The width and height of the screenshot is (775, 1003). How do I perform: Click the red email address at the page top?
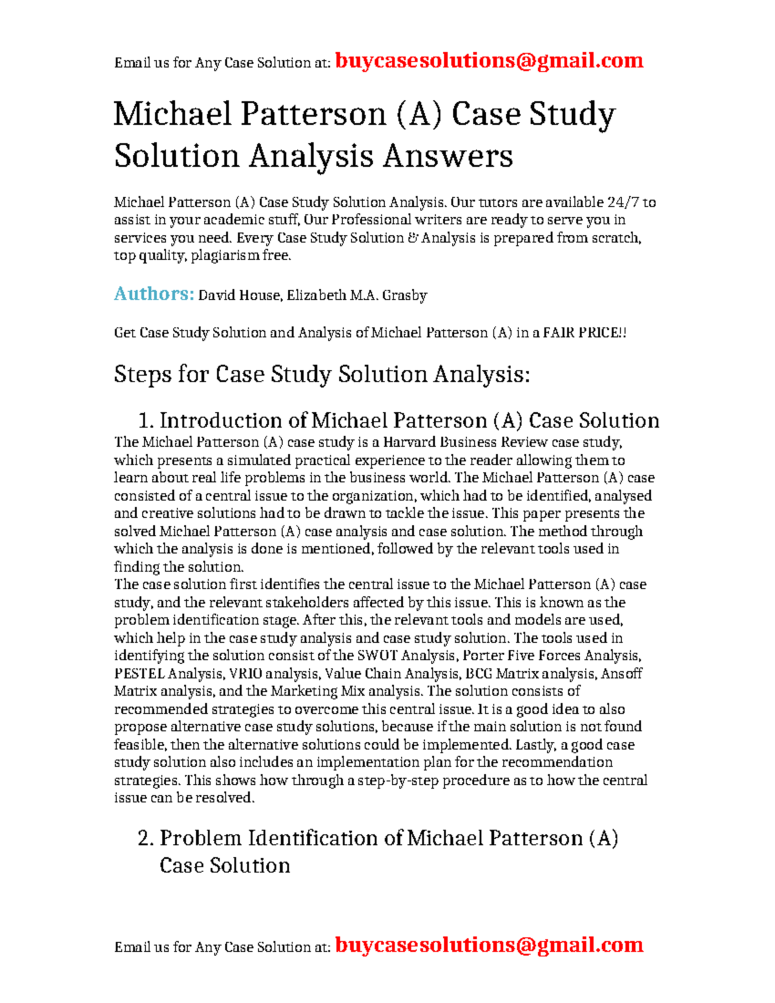click(x=489, y=61)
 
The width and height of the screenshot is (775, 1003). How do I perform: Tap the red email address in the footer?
click(x=489, y=945)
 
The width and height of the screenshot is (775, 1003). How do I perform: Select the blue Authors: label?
click(x=154, y=294)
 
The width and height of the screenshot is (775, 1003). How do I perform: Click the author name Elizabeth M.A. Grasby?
click(x=357, y=296)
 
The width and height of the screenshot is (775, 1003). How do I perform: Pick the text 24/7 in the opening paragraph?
click(x=625, y=202)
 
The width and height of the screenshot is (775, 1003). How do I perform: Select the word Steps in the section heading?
click(x=143, y=375)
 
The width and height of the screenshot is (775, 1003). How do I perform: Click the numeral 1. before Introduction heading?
click(x=146, y=421)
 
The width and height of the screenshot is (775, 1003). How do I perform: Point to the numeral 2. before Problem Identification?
click(x=146, y=838)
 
